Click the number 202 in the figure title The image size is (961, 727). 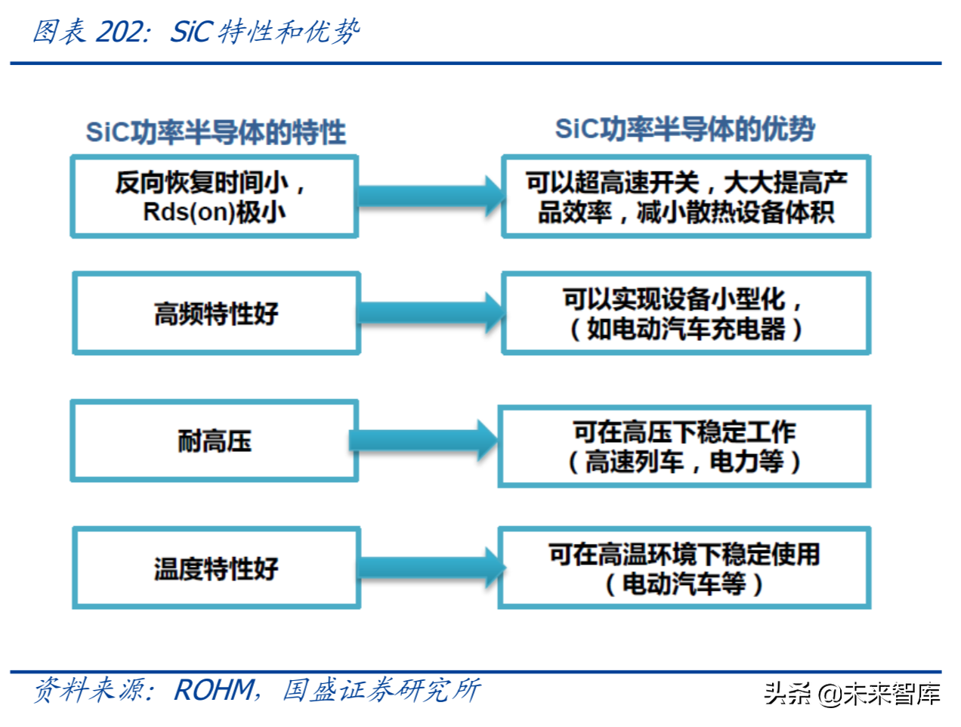120,32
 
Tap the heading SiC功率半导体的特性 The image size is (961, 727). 216,132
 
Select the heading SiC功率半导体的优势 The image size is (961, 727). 684,129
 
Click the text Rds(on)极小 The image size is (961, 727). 215,212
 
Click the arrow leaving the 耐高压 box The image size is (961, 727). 423,440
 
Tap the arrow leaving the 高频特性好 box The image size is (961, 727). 431,313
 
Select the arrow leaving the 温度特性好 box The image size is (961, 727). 431,568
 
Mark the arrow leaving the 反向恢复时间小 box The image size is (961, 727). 431,196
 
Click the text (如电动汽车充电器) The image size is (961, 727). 685,329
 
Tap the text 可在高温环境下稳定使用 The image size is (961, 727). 684,555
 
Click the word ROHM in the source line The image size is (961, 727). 214,690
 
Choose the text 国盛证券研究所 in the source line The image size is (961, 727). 381,690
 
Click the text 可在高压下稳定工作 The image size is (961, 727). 684,432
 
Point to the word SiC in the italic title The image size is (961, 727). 192,32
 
